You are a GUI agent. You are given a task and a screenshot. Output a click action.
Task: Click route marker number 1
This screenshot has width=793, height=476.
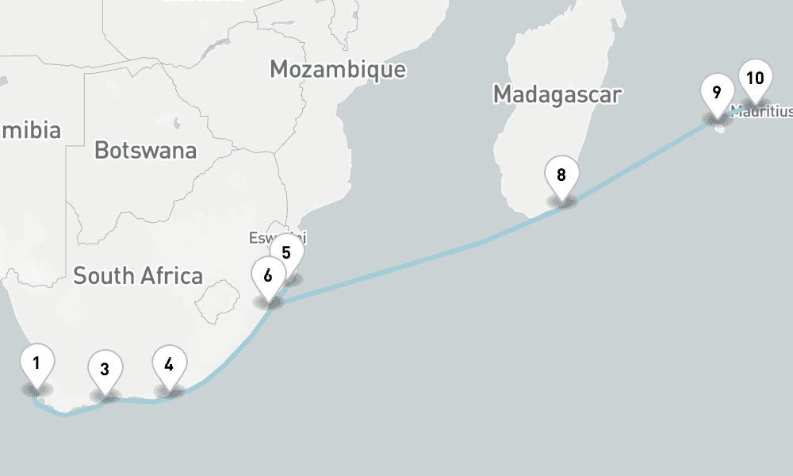click(x=36, y=365)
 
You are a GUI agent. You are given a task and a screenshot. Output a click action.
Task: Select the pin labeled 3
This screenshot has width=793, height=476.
click(x=105, y=369)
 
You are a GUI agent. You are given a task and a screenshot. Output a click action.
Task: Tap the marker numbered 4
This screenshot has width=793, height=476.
click(x=169, y=365)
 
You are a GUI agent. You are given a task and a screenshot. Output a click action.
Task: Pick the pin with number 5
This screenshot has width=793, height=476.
click(x=286, y=254)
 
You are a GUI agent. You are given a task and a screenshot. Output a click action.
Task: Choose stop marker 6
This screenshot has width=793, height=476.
click(x=268, y=276)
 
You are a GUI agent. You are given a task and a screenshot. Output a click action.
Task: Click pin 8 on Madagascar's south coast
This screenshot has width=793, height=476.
click(x=561, y=175)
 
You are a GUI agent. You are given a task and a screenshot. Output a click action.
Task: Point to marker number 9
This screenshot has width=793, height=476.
click(x=717, y=93)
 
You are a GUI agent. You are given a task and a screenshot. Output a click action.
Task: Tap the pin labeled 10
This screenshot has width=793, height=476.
click(x=755, y=79)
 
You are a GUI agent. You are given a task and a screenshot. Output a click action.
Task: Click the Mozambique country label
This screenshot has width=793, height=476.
click(x=338, y=70)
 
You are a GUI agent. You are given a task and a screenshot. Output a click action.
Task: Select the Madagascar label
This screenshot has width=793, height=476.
click(x=557, y=94)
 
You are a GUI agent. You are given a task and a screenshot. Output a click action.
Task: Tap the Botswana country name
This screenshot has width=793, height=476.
click(x=145, y=150)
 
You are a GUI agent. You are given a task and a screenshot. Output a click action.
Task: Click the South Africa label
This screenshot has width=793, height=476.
click(x=138, y=276)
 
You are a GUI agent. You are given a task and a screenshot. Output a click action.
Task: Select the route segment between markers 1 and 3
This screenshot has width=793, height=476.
click(x=67, y=414)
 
